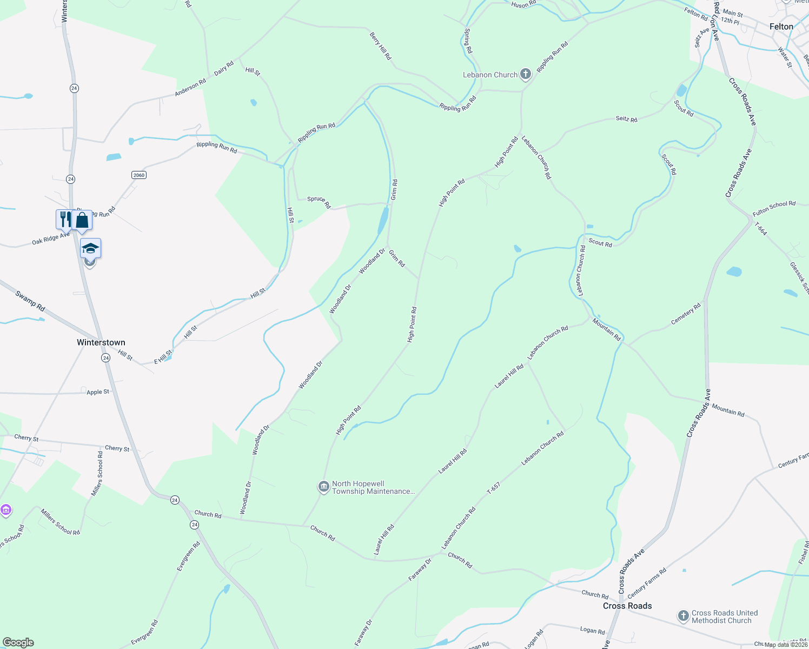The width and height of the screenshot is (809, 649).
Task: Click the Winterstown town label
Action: tap(101, 342)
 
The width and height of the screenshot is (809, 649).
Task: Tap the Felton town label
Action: tap(781, 27)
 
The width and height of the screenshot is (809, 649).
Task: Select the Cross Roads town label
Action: tap(627, 606)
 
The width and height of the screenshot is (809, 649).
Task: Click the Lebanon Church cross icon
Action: tap(526, 74)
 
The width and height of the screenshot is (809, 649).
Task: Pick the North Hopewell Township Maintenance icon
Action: tap(323, 487)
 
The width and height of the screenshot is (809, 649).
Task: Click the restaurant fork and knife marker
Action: tap(65, 219)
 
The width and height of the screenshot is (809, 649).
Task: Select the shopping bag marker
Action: tap(82, 220)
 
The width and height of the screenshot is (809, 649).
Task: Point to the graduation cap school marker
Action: tap(90, 248)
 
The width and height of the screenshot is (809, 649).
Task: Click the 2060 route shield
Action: tap(139, 175)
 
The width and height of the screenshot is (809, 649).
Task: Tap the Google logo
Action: tap(18, 643)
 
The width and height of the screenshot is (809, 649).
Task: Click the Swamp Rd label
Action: tap(30, 301)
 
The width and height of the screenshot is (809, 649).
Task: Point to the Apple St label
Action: tap(98, 392)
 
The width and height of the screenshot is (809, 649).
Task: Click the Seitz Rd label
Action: tap(626, 119)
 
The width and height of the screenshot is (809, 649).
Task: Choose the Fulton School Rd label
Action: tap(774, 208)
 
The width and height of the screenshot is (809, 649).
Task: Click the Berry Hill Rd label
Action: tap(381, 45)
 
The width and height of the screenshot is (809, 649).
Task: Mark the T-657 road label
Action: tap(493, 488)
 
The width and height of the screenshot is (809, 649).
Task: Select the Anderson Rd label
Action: tap(190, 88)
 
